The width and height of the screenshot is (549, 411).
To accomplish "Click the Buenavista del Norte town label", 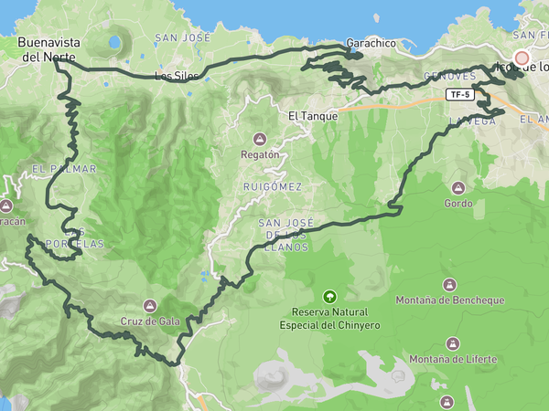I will coord(49,49).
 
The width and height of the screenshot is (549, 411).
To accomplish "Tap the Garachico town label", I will coord(370,43).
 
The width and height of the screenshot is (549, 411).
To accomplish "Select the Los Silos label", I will coord(176,77).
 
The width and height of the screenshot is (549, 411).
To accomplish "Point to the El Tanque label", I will coord(313,116).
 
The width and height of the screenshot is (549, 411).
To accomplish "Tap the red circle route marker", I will coord(522,58).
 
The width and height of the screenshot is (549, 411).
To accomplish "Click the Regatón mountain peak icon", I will coord(260,140).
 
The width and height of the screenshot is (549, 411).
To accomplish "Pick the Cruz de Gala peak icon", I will coord(150,305).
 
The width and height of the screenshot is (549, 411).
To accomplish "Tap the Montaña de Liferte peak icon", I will coord(451,343).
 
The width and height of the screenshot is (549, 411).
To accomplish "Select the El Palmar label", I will coord(51,169).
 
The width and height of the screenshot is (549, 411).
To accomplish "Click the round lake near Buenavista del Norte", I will coord(114,42).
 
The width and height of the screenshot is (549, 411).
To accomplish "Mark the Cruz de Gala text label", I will coord(148,321).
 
